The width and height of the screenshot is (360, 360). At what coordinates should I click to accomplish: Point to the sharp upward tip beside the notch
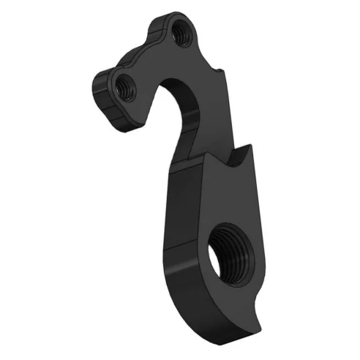coord(248,148)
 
